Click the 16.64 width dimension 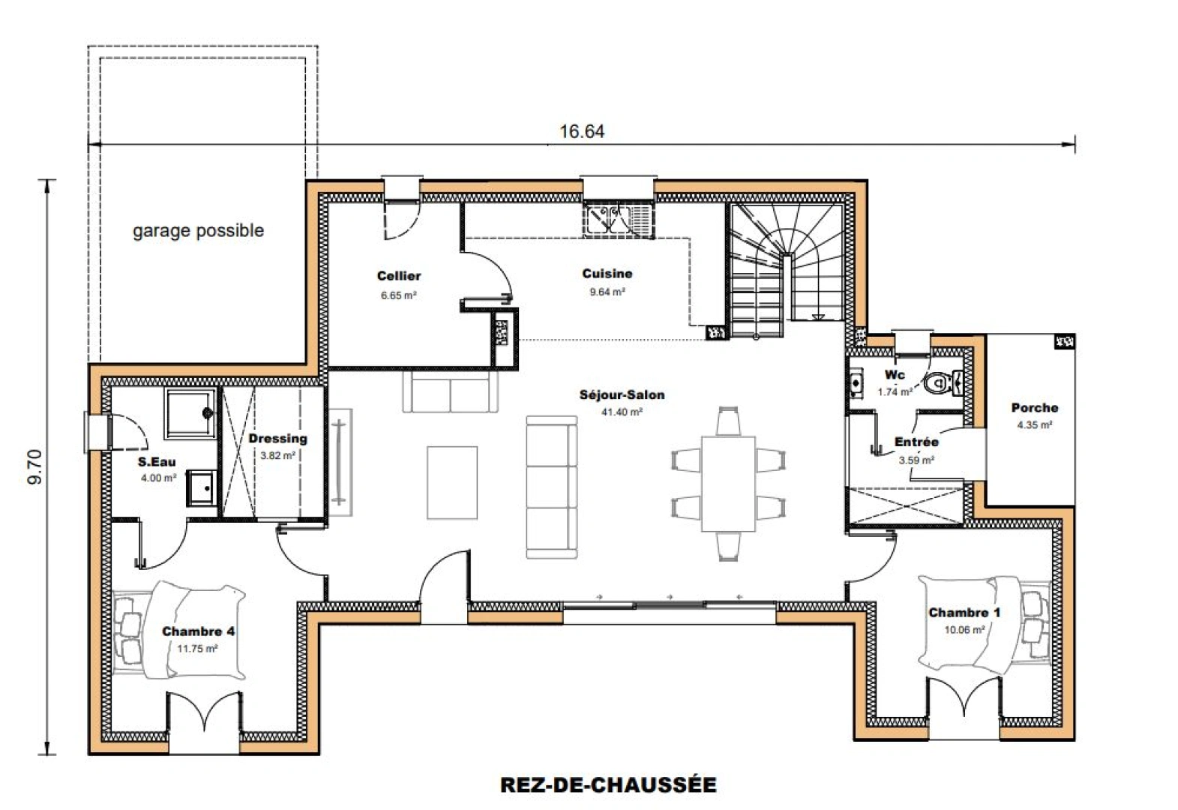(x=581, y=132)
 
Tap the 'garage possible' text (x=198, y=230)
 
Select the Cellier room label (x=399, y=276)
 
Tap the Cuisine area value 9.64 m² (x=607, y=292)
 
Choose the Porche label (x=1034, y=408)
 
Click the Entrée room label (x=916, y=442)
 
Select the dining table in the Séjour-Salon (x=728, y=483)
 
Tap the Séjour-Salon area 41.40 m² (x=622, y=412)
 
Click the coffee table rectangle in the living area (x=452, y=482)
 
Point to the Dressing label (x=277, y=439)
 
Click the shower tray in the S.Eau (x=190, y=413)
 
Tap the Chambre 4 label (x=198, y=631)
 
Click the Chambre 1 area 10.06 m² (x=964, y=630)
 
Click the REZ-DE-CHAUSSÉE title (x=608, y=784)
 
